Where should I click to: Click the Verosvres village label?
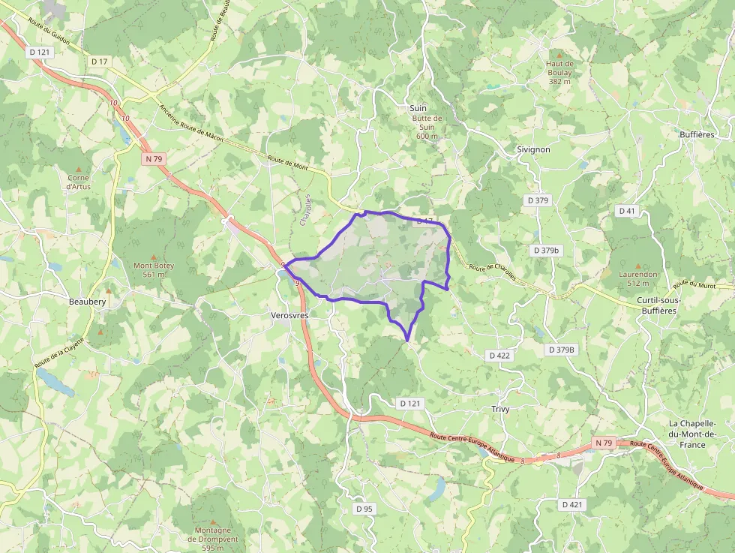pyautogui.click(x=289, y=316)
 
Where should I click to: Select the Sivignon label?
pyautogui.click(x=533, y=149)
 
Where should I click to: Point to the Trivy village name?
pyautogui.click(x=499, y=409)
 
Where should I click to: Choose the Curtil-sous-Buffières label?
pyautogui.click(x=658, y=305)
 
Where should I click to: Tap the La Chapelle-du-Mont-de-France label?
pyautogui.click(x=693, y=434)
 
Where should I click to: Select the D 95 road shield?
pyautogui.click(x=364, y=509)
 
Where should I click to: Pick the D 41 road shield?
pyautogui.click(x=626, y=211)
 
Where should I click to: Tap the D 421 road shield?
pyautogui.click(x=571, y=504)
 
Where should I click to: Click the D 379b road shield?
pyautogui.click(x=546, y=250)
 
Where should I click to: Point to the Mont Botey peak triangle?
pyautogui.click(x=153, y=256)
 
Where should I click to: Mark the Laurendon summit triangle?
pyautogui.click(x=638, y=266)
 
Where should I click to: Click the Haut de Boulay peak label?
pyautogui.click(x=559, y=73)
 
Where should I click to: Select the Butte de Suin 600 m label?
pyautogui.click(x=427, y=127)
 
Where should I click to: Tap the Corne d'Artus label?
pyautogui.click(x=78, y=182)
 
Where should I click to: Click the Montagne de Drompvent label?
pyautogui.click(x=212, y=538)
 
